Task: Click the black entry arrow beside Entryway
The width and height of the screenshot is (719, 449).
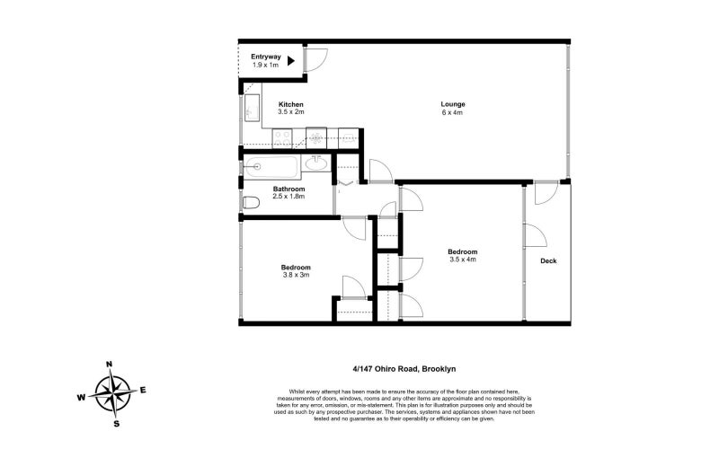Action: pos(291,61)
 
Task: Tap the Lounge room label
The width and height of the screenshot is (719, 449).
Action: pos(452,104)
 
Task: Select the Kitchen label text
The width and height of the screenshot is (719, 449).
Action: pos(291,104)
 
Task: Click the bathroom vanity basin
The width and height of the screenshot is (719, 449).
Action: pos(317,163)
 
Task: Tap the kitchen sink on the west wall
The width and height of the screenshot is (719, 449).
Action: pos(252,108)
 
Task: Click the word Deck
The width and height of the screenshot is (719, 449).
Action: pos(548,261)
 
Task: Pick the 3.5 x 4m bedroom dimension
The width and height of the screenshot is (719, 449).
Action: pos(463,260)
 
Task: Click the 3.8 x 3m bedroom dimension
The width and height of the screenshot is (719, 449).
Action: pos(295,275)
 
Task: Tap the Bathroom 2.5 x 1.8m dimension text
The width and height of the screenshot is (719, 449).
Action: pos(289,196)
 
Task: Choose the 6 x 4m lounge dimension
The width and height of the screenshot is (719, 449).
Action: pos(452,112)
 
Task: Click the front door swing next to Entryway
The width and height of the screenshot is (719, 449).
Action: pos(315,58)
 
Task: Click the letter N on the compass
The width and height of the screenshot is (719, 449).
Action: pos(110,365)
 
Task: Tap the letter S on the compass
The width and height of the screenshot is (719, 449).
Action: pos(115,422)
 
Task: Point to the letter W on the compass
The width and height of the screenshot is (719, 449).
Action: pos(81,396)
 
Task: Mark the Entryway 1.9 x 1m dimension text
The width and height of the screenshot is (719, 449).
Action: pos(264,66)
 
